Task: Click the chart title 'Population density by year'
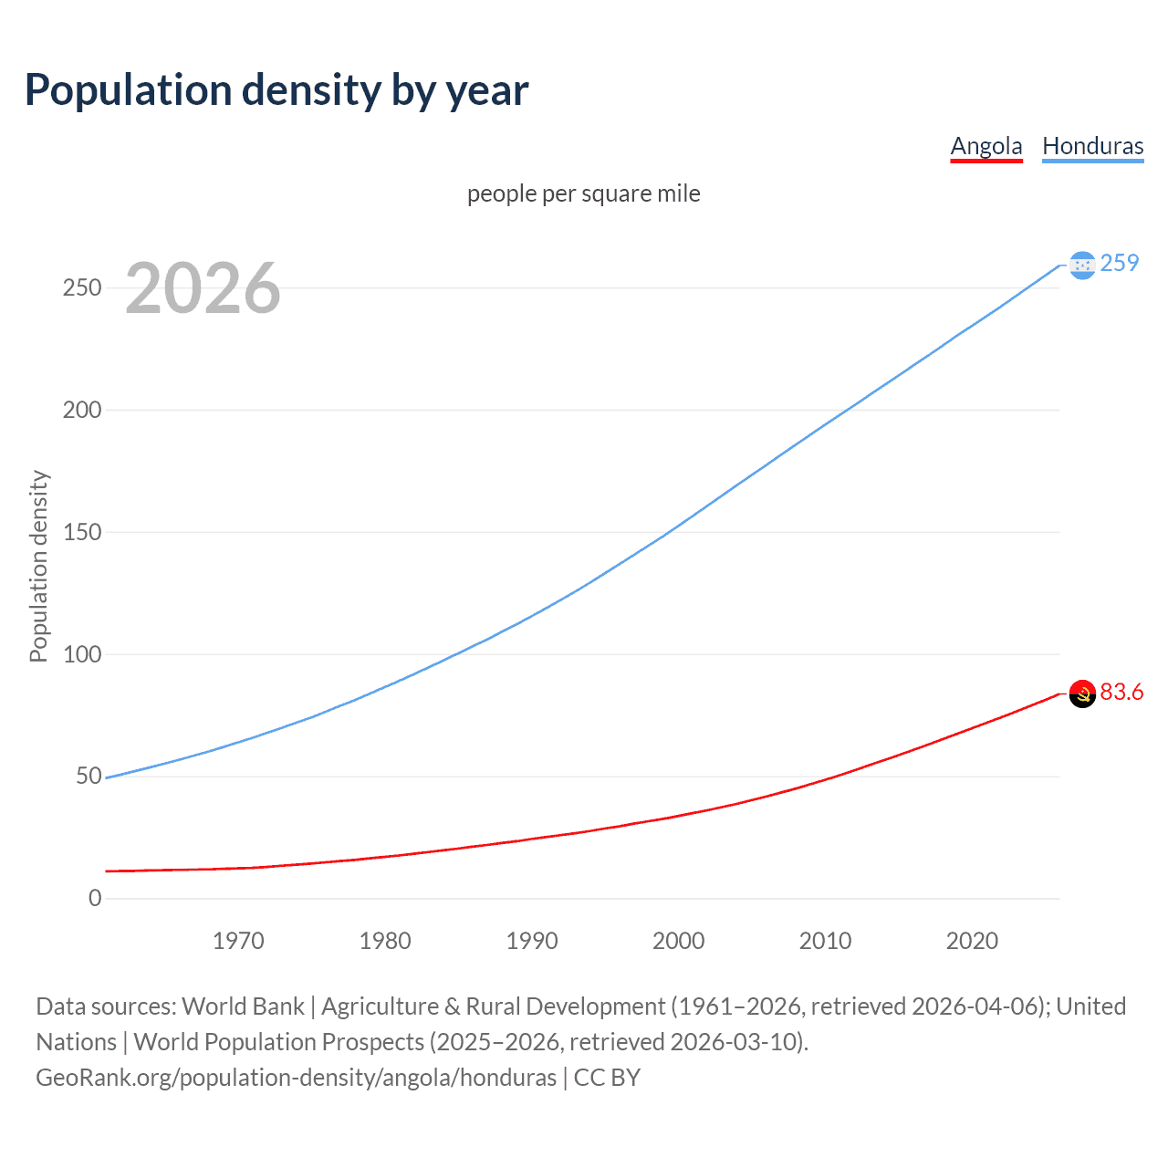(276, 90)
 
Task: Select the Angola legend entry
(985, 146)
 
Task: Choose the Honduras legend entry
(1092, 146)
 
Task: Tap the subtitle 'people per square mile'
(583, 194)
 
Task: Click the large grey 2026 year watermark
(203, 288)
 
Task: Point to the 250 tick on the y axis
(82, 288)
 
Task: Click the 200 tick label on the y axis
(82, 410)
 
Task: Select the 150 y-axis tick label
(82, 532)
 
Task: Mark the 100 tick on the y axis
(82, 654)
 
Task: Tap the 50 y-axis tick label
(88, 777)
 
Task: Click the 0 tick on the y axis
(95, 898)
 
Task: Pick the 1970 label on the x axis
(238, 941)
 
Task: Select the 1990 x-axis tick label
(532, 941)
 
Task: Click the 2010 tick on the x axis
(825, 941)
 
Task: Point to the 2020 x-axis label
(972, 941)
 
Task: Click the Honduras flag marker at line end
(1082, 265)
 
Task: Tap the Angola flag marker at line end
(1082, 693)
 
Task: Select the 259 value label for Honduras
(1120, 263)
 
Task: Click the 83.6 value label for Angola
(1121, 693)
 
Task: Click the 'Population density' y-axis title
(38, 566)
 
